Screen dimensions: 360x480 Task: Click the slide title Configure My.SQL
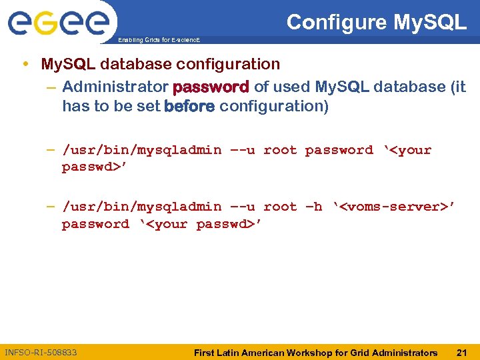point(376,23)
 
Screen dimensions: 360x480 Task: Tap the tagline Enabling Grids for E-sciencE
point(158,41)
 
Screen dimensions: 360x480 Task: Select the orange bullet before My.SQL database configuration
point(25,65)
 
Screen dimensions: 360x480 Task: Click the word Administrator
point(115,87)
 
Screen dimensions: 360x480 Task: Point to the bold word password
point(211,87)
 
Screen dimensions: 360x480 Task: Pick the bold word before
point(189,107)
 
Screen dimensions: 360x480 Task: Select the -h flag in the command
point(313,207)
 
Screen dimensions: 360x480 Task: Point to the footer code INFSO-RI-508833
point(41,352)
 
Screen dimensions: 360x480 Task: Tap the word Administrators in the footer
point(403,352)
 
